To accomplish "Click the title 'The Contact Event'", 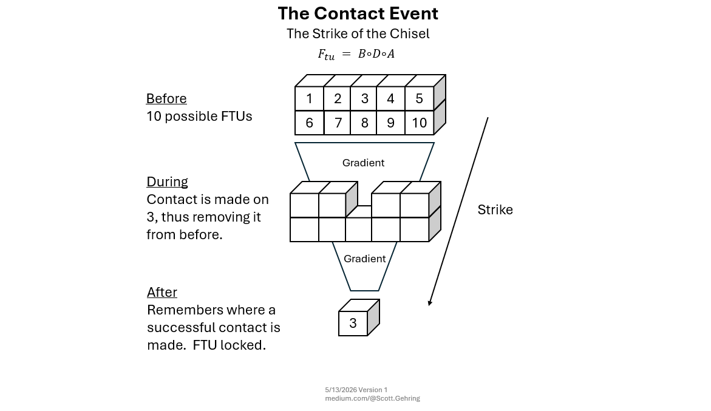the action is [x=358, y=13].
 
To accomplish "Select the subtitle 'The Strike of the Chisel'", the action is [x=358, y=33].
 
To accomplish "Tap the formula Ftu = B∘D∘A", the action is [x=356, y=55].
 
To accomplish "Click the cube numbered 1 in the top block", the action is [x=309, y=98].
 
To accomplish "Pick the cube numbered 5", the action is [x=420, y=98].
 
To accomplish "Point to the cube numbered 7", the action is [x=338, y=123].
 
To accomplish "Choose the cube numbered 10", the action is [x=420, y=123].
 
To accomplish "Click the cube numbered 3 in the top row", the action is [x=364, y=98].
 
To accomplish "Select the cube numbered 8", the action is [x=364, y=123].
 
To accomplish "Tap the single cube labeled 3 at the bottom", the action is [x=353, y=323].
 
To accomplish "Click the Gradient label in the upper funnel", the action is [x=363, y=163].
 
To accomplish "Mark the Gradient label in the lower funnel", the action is [x=364, y=259].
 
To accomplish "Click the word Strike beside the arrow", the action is [x=495, y=210].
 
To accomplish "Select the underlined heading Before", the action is [x=166, y=98].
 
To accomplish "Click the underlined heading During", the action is [x=168, y=182].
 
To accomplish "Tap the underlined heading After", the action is [x=162, y=292].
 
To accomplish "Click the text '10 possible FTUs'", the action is [x=199, y=117].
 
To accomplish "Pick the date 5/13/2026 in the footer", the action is [x=341, y=390].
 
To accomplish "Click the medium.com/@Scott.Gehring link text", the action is [x=372, y=398].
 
